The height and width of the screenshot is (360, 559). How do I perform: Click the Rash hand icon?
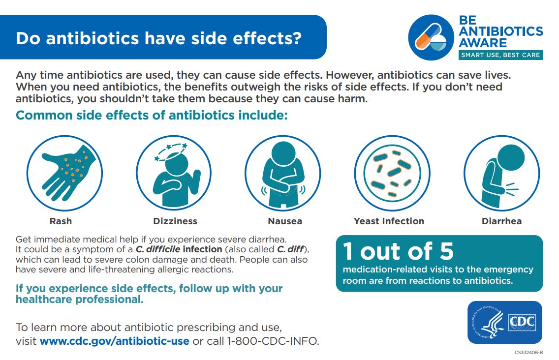pos(64,173)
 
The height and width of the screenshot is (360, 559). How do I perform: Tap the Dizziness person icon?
pos(175,173)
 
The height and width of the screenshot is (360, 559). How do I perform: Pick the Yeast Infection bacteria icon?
pos(392,173)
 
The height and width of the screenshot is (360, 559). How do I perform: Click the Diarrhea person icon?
pos(501,173)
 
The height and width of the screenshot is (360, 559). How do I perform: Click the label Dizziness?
pos(175,221)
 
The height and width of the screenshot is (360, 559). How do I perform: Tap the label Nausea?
pos(285,221)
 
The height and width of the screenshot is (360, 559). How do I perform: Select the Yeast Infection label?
pos(389,221)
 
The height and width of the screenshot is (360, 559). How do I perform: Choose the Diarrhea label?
pos(501,221)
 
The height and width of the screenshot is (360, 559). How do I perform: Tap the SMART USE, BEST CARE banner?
pos(500,55)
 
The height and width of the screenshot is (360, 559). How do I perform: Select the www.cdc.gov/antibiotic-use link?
pos(114,341)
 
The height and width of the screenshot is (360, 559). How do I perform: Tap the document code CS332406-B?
pos(528,353)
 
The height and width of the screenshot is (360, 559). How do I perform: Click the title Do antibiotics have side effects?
pos(158,38)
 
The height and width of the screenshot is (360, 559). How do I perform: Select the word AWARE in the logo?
pos(482,43)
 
